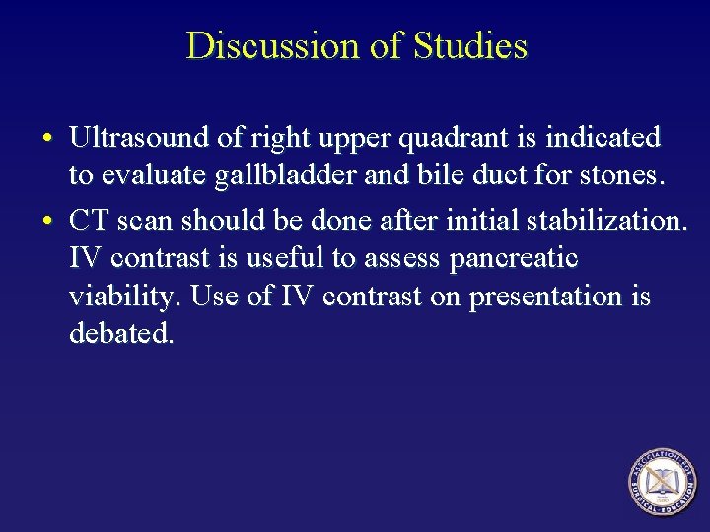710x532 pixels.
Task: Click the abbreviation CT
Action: point(86,218)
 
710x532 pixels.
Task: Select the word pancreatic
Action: point(513,257)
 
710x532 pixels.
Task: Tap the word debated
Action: point(121,335)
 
